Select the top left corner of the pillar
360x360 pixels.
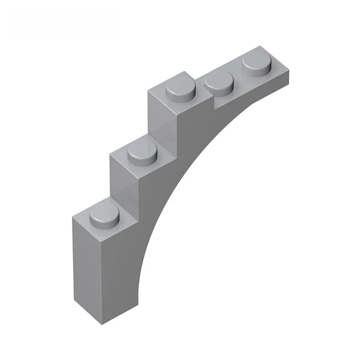pos(72,216)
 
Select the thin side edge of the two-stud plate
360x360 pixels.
pos(237,100)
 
